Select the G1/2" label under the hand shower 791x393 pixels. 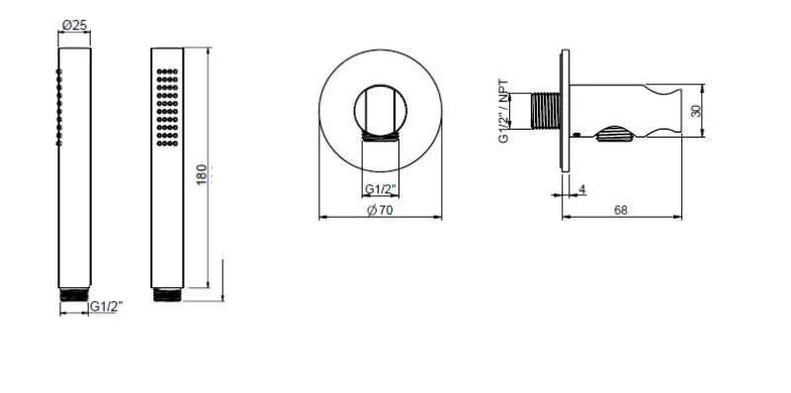(x=103, y=308)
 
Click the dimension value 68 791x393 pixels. (x=621, y=210)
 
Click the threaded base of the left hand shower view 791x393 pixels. (x=75, y=293)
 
